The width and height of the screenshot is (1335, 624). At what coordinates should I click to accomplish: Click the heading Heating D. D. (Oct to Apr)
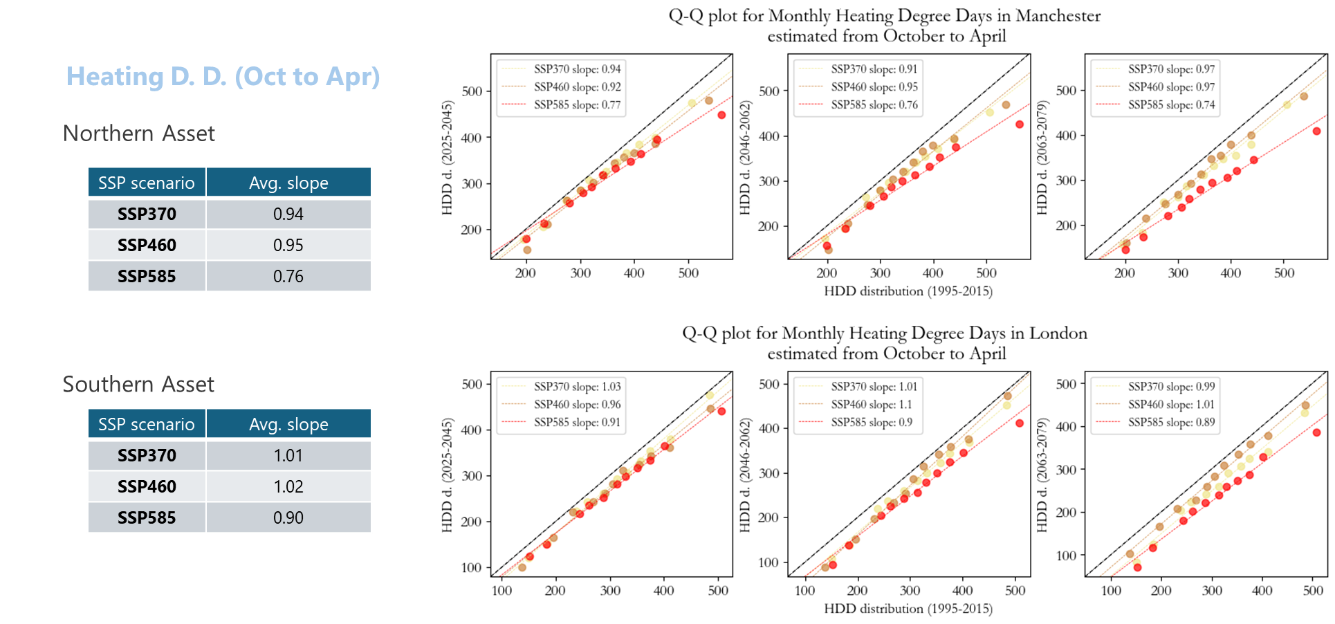tap(223, 77)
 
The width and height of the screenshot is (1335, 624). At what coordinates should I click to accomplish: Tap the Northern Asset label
tap(139, 134)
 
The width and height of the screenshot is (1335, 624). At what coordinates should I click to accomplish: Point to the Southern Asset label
tap(138, 385)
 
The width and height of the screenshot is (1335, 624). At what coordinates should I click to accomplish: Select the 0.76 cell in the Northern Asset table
tap(288, 277)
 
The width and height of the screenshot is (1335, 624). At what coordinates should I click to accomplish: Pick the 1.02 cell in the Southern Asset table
tap(288, 487)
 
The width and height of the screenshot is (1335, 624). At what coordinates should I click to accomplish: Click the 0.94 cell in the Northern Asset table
tap(288, 214)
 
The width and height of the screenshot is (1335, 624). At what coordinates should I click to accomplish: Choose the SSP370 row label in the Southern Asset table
tap(147, 456)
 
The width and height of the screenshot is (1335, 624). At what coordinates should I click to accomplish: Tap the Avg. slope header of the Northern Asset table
tap(288, 183)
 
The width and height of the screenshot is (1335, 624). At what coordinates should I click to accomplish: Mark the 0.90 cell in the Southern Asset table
tap(288, 518)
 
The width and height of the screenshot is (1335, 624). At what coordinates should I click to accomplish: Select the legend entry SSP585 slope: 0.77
tap(577, 105)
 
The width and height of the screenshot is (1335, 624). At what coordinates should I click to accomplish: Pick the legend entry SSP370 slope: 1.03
tap(577, 387)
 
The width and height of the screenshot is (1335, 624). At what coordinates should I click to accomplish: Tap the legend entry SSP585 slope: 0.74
tap(1171, 105)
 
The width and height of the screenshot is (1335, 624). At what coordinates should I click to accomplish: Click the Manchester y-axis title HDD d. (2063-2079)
tap(1042, 158)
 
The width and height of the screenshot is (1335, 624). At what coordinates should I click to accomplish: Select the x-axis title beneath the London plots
tap(908, 609)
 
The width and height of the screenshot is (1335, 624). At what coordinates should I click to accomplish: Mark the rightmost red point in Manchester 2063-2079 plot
tap(1316, 131)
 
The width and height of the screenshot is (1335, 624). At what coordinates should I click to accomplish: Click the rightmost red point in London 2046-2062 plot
tap(1020, 423)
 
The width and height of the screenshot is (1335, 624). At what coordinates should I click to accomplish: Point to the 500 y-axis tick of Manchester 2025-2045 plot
tap(472, 91)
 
